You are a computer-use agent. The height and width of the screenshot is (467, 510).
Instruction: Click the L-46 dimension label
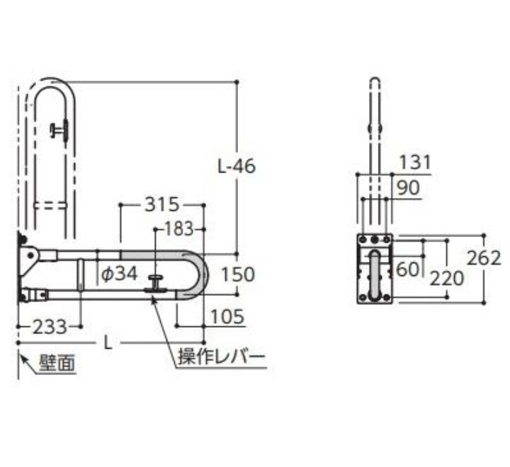pyautogui.click(x=237, y=167)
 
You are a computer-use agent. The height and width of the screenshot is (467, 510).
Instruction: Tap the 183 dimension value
pyautogui.click(x=178, y=229)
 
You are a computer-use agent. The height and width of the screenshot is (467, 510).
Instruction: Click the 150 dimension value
pyautogui.click(x=237, y=273)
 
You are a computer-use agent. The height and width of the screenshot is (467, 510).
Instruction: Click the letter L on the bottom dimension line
pyautogui.click(x=107, y=342)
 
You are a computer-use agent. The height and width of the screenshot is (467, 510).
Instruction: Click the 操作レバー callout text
pyautogui.click(x=221, y=357)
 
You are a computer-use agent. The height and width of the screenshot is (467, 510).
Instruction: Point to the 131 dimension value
pyautogui.click(x=414, y=163)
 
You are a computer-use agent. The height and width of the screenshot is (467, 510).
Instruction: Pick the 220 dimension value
pyautogui.click(x=446, y=278)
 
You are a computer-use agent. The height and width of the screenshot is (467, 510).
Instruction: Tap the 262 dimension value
pyautogui.click(x=484, y=258)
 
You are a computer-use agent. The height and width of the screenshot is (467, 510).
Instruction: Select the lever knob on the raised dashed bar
pyautogui.click(x=59, y=129)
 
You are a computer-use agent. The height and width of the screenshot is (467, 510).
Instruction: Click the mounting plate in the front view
pyautogui.click(x=375, y=269)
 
